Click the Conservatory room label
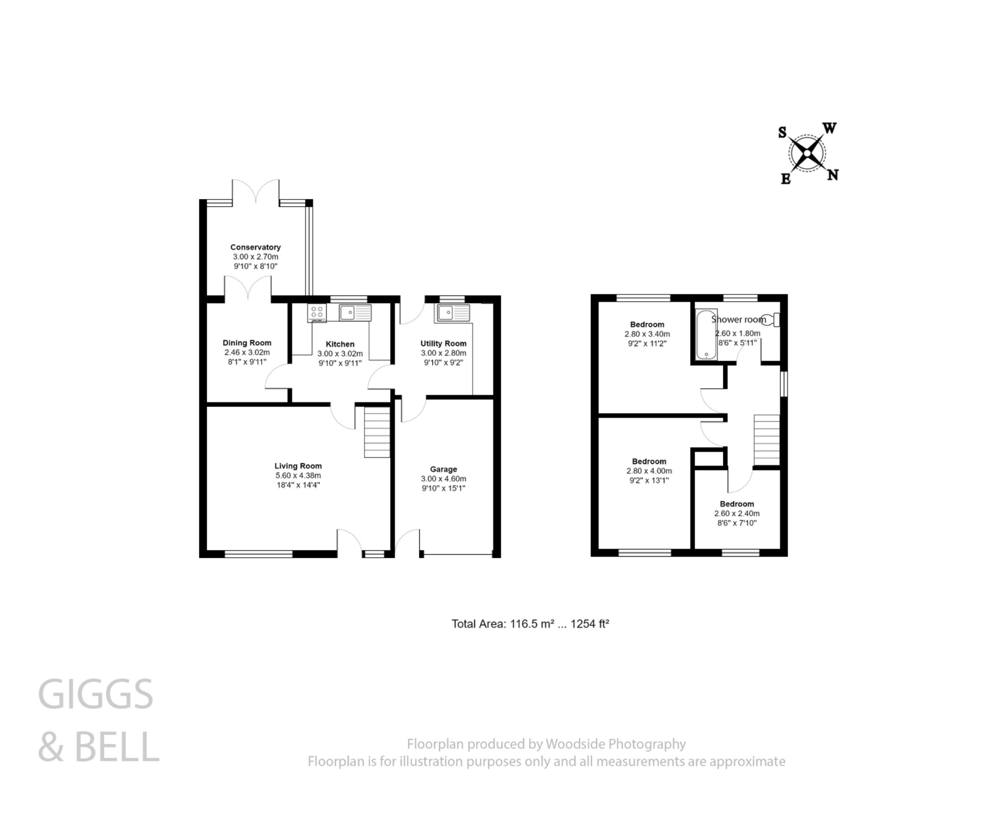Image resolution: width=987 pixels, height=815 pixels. (255, 247)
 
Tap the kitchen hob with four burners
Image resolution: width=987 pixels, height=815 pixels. (317, 313)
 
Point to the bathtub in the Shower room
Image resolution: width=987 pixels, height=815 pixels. (707, 334)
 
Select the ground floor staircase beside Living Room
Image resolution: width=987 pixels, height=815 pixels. (377, 432)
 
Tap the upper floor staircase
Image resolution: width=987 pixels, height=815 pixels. (766, 440)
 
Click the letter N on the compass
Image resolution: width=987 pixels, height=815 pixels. (832, 175)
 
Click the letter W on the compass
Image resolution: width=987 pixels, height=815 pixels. (829, 128)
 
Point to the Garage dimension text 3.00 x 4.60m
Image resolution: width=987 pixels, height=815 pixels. (443, 479)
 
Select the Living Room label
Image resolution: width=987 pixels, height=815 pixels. (298, 466)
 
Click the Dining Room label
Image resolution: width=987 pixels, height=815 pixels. (247, 343)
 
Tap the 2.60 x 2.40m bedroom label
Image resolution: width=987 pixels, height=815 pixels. (737, 513)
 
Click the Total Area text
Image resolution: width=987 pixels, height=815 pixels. (530, 624)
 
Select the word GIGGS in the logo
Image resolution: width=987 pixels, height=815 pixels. (95, 694)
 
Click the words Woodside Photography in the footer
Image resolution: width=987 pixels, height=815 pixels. (615, 744)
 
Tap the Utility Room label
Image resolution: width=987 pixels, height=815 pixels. (443, 343)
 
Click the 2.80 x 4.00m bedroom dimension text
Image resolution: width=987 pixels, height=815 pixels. (649, 471)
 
